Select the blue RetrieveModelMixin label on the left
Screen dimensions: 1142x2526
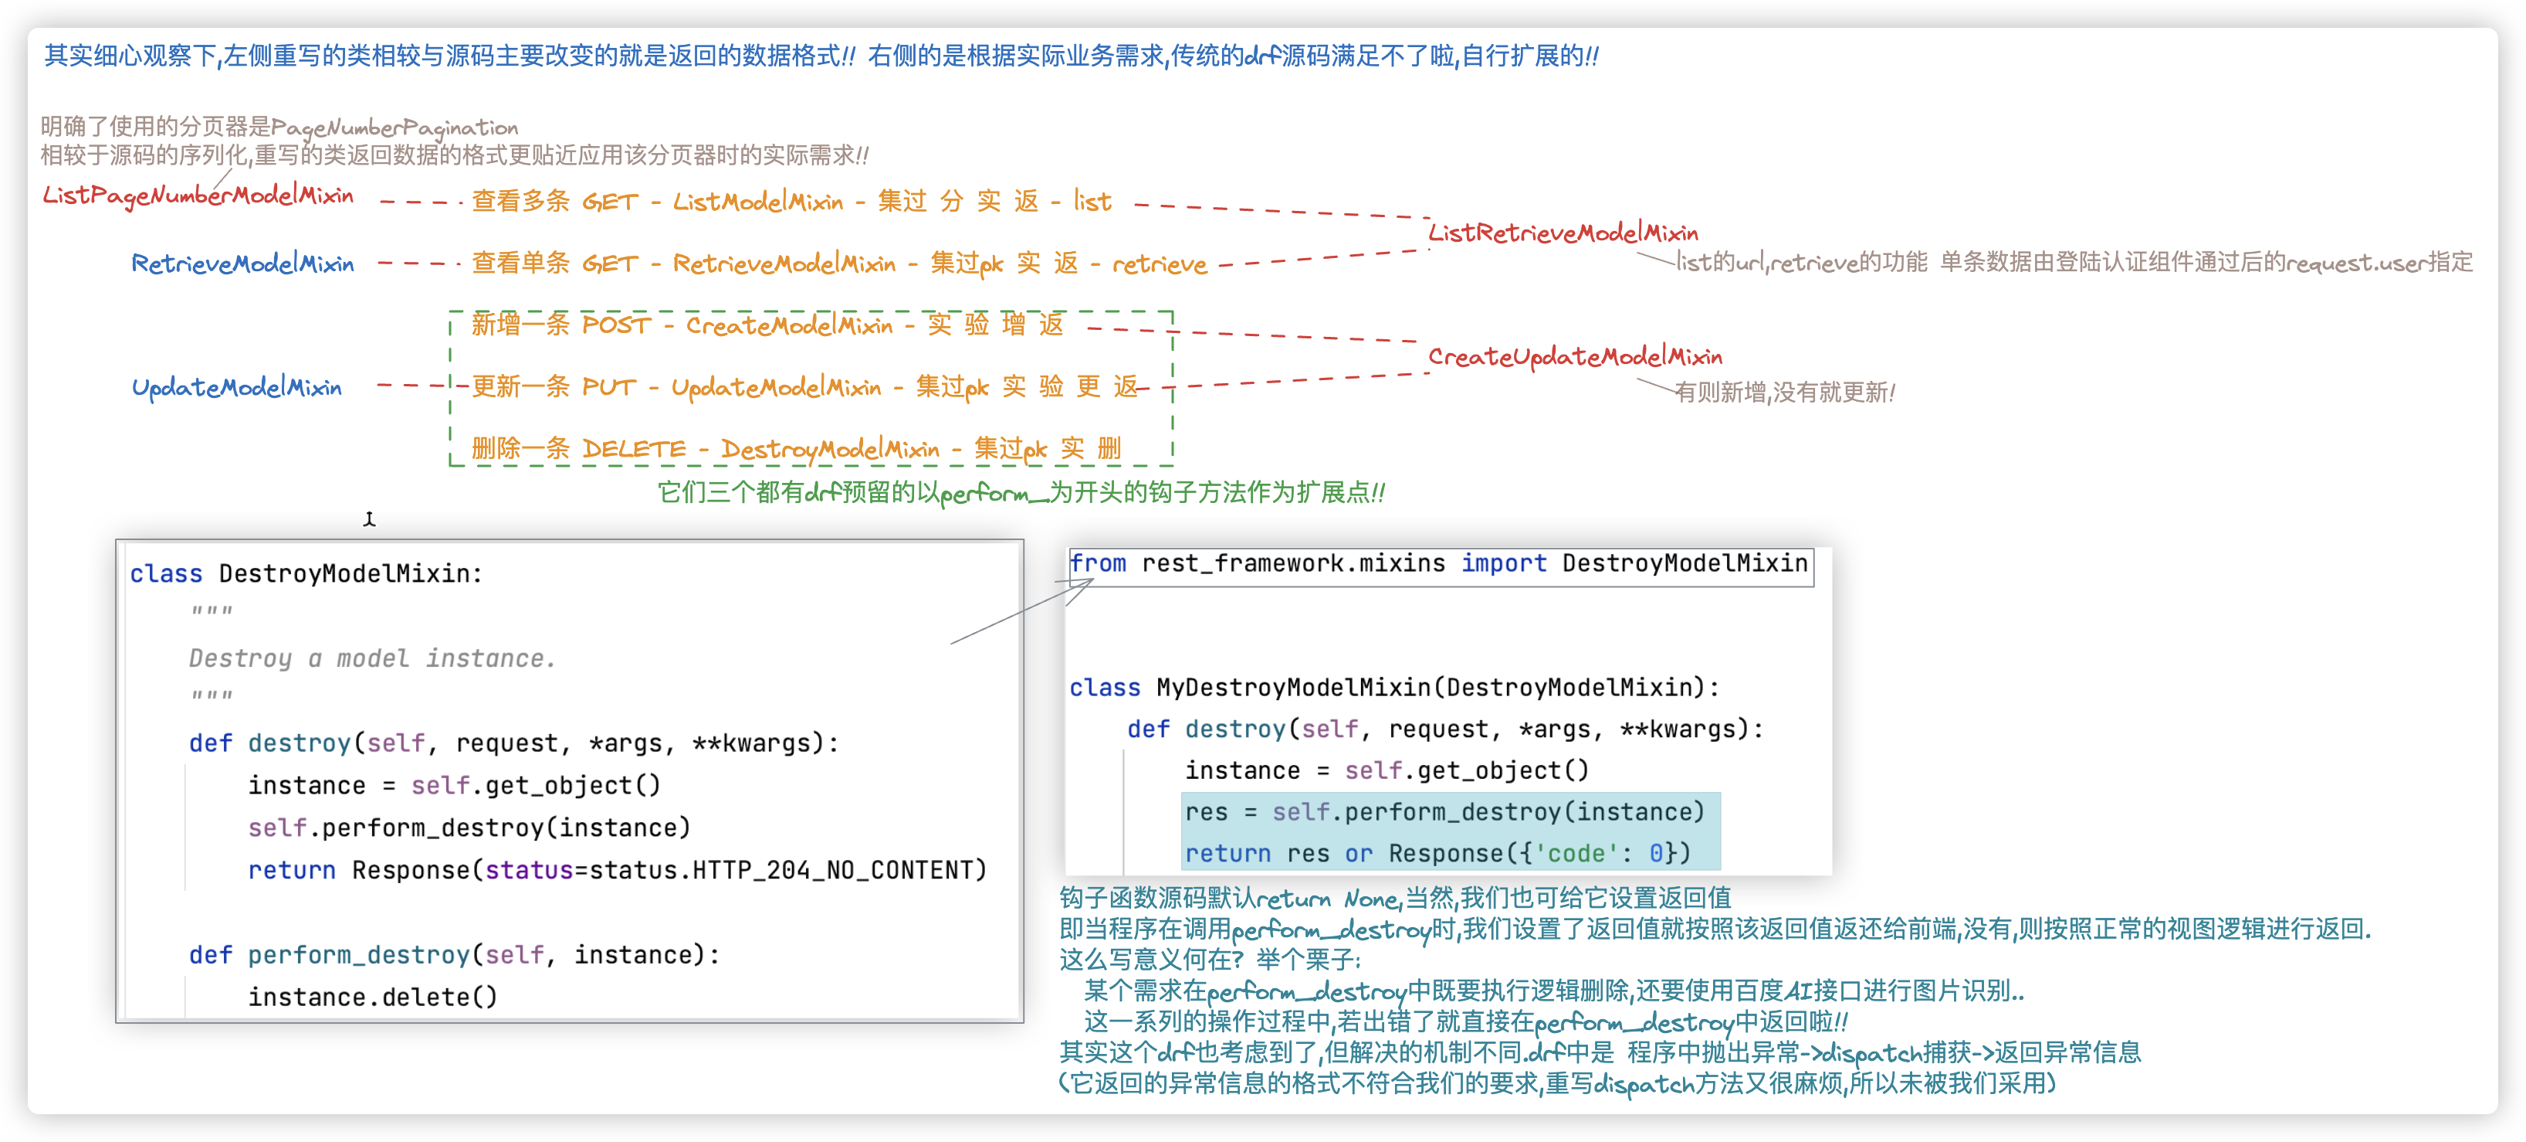tap(242, 263)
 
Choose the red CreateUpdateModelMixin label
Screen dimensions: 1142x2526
tap(1574, 356)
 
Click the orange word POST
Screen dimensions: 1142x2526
tap(616, 325)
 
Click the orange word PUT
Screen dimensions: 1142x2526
tap(608, 386)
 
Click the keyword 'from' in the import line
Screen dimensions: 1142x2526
tap(1097, 563)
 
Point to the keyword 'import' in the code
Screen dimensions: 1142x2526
tap(1503, 563)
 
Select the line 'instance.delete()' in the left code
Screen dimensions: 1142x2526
tap(373, 997)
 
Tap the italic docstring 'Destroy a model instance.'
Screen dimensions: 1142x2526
tap(371, 658)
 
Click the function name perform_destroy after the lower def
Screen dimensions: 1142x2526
tap(359, 954)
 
